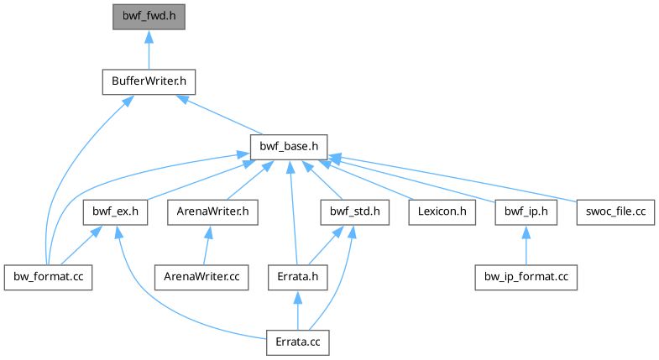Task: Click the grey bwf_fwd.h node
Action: [x=148, y=15]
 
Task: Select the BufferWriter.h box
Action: [x=149, y=82]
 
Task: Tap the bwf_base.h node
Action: [x=288, y=147]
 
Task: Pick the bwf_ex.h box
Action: [x=116, y=212]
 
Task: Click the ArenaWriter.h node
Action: [x=212, y=212]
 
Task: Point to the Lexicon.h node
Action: [x=442, y=212]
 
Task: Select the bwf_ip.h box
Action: [x=526, y=212]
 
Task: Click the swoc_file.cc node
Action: [x=616, y=212]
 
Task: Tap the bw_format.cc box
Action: [x=47, y=277]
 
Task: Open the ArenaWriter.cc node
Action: [x=201, y=277]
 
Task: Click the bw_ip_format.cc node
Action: [x=526, y=277]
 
